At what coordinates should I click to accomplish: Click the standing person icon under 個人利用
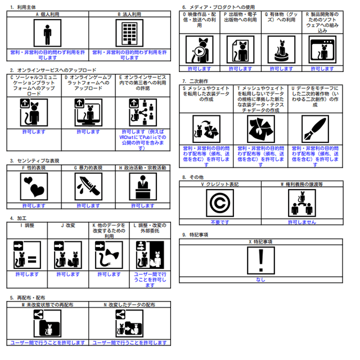click(48, 34)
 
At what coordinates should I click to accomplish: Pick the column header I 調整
click(28, 225)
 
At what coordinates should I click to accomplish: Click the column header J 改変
click(67, 225)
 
